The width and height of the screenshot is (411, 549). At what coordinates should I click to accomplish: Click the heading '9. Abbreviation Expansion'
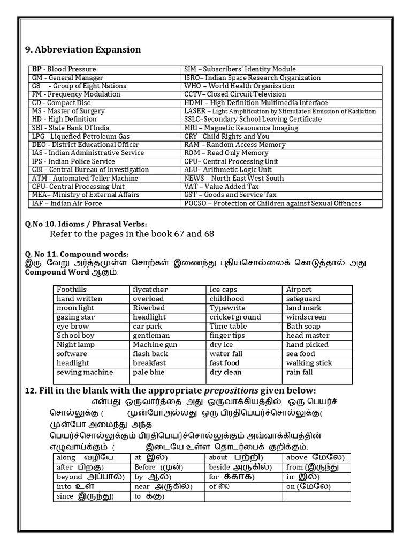(83, 50)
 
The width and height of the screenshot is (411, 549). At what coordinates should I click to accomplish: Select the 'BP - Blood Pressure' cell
(64, 69)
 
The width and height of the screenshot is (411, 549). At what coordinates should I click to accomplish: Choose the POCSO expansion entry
(272, 203)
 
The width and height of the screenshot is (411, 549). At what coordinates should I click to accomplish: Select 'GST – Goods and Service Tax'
(230, 195)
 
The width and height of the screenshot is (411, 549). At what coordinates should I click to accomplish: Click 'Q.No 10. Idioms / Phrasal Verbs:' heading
(86, 224)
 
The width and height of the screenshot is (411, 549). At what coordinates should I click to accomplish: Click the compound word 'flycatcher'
(150, 290)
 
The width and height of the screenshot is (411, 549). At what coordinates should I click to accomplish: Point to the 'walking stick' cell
(309, 363)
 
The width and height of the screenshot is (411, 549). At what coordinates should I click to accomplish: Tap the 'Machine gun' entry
(155, 345)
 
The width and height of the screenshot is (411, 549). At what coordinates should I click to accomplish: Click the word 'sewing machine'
(85, 372)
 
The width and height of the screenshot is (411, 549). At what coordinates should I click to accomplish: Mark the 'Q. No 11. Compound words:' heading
(77, 254)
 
